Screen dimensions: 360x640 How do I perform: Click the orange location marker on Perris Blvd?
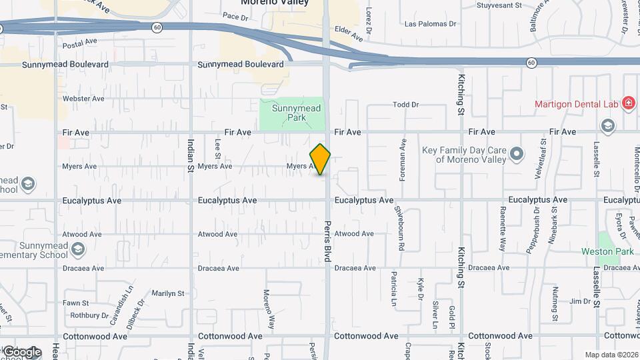[320, 159]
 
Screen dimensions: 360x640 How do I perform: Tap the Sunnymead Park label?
[297, 113]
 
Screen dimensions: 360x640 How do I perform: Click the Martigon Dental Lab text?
[576, 103]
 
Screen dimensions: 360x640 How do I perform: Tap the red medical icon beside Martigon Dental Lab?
[627, 103]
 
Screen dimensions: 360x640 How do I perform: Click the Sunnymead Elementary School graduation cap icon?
[78, 249]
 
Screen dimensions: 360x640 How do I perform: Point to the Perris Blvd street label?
[328, 241]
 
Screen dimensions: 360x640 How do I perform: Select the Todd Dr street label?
[405, 105]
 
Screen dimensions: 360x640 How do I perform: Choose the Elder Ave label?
[348, 29]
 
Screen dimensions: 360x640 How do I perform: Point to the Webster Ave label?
[83, 99]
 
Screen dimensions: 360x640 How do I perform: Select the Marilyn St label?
[168, 293]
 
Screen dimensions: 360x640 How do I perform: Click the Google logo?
[22, 352]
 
